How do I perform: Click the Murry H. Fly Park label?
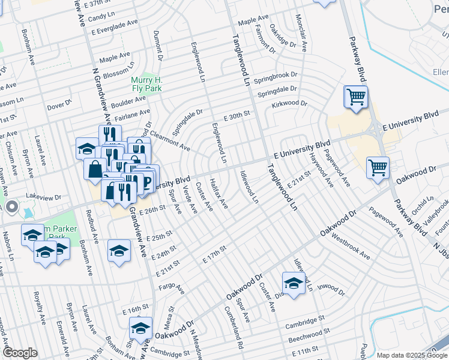148,83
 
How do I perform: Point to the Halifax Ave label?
219,193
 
